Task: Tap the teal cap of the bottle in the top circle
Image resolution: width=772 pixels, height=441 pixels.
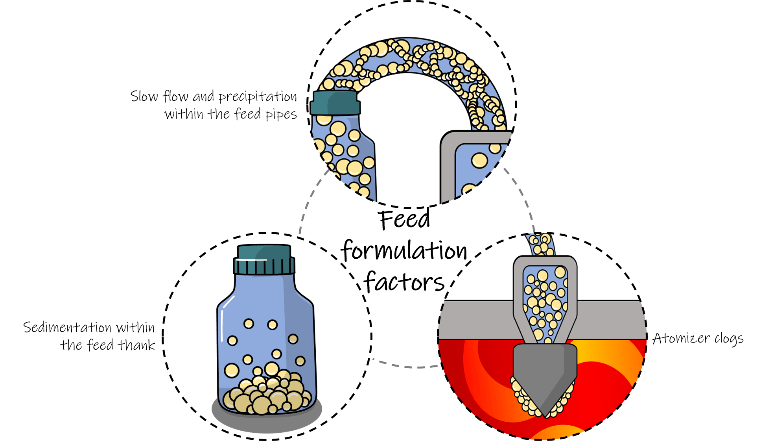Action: [x=335, y=103]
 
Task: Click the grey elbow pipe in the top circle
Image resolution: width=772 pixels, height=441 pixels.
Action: [x=448, y=165]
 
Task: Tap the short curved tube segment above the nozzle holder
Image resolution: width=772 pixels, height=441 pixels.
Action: [x=542, y=245]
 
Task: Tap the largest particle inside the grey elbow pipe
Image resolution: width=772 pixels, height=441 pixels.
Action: [x=479, y=160]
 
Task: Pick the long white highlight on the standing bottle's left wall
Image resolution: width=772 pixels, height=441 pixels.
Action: [x=222, y=325]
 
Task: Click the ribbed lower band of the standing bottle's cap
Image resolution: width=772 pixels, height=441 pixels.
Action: [x=264, y=267]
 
